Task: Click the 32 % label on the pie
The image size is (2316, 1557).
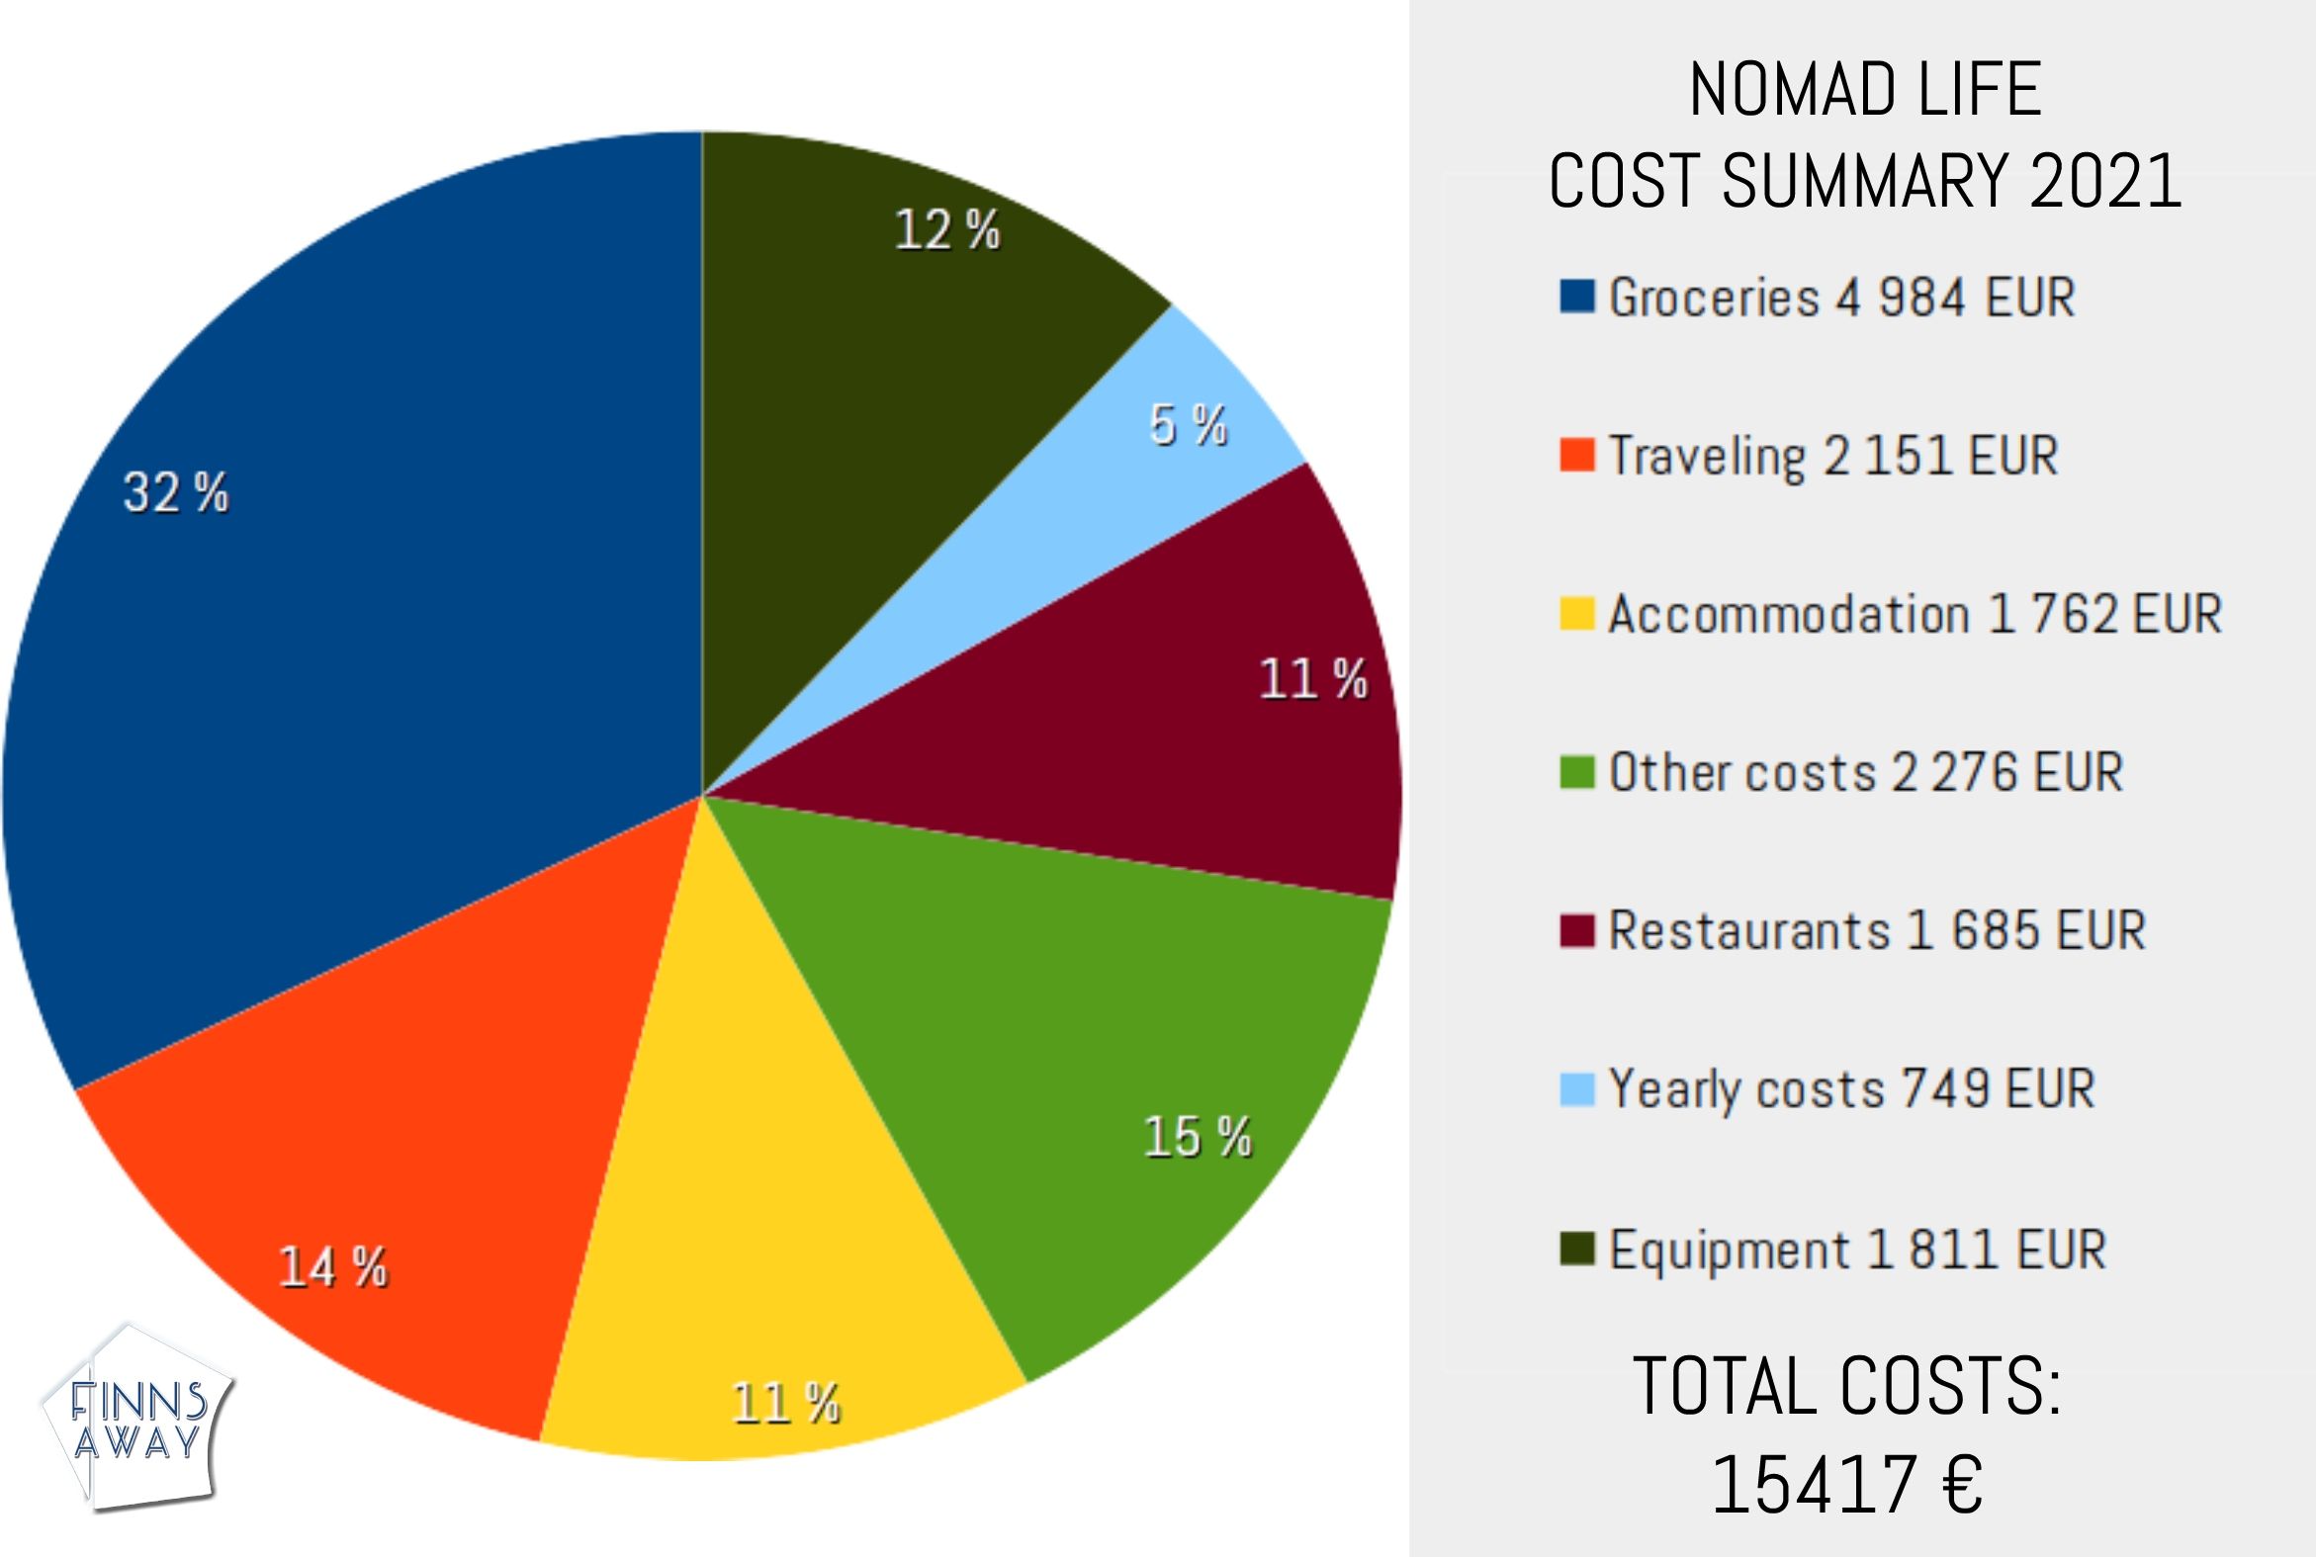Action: pos(176,492)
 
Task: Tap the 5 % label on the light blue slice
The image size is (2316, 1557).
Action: pos(1188,425)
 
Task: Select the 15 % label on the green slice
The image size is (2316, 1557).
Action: pos(1197,1136)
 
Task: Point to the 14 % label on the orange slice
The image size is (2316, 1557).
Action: pos(332,1267)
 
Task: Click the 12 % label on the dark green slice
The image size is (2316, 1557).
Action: pos(946,230)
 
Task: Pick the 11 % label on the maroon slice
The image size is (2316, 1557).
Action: pos(1313,680)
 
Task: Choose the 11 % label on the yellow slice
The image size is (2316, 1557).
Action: pos(785,1403)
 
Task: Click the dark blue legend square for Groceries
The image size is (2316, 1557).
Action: pos(1577,297)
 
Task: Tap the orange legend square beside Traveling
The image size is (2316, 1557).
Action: pos(1577,456)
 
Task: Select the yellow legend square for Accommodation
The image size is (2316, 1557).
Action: pos(1577,614)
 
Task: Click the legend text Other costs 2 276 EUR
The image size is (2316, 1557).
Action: pos(1865,772)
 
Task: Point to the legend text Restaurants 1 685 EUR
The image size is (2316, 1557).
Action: pos(1876,930)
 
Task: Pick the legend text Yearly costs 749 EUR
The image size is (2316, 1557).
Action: pos(1851,1089)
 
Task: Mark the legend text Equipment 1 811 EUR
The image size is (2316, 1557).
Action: pos(1857,1250)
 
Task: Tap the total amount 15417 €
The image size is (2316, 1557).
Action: pos(1847,1486)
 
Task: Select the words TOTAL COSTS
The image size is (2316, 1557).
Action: pos(1847,1386)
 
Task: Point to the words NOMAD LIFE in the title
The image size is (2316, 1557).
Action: pos(1865,91)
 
